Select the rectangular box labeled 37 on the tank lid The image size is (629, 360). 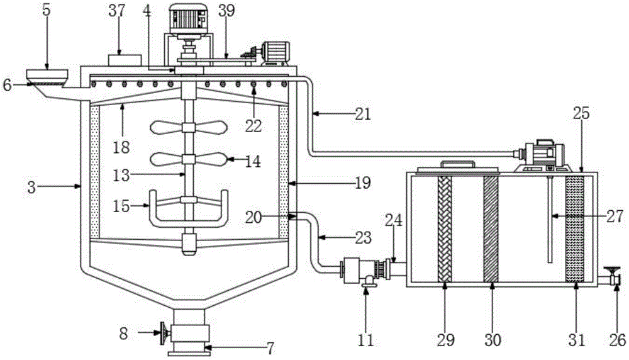tap(125, 60)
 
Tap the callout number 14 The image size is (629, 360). tap(252, 161)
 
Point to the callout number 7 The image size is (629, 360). tap(270, 348)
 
